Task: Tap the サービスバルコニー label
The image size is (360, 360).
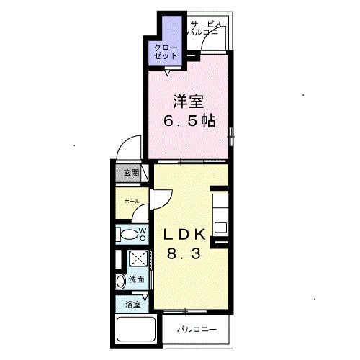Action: tap(206, 28)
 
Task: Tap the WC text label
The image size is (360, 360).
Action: tap(143, 235)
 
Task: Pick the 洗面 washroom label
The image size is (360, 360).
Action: tap(135, 279)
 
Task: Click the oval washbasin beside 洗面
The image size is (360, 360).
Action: tap(120, 280)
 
